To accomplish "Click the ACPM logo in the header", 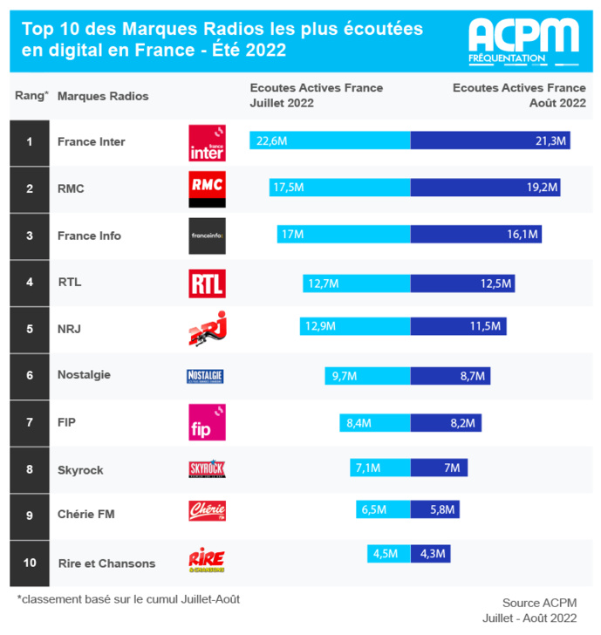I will [522, 38].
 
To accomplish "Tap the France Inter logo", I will [207, 142].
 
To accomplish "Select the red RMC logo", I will [207, 188].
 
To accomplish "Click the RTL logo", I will [207, 283].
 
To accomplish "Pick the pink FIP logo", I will [207, 422].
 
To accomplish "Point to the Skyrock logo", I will [207, 469].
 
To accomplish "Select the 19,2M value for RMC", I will [542, 188].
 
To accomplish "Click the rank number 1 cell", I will [30, 142].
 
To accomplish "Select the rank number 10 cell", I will [30, 563].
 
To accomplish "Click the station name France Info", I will [89, 236].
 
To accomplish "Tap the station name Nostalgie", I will [84, 375].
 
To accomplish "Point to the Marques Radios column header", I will [103, 96].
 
